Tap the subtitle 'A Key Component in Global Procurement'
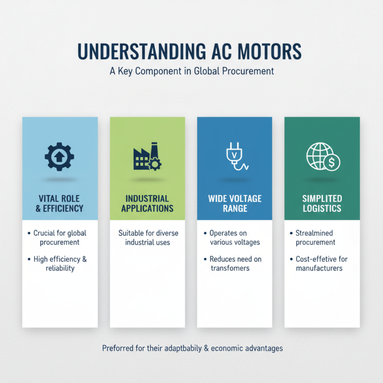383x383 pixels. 191,71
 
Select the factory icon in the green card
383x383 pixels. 147,157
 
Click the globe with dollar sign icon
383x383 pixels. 322,157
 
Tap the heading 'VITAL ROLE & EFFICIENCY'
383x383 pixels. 60,203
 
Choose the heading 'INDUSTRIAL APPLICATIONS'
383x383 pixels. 147,203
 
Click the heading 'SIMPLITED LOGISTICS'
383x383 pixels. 322,203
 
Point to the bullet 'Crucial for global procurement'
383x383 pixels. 60,238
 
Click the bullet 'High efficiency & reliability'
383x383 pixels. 60,264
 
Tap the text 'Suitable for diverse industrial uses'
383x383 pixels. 148,238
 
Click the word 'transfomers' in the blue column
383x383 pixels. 230,268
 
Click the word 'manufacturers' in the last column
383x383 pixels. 319,268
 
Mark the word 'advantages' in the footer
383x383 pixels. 262,348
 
